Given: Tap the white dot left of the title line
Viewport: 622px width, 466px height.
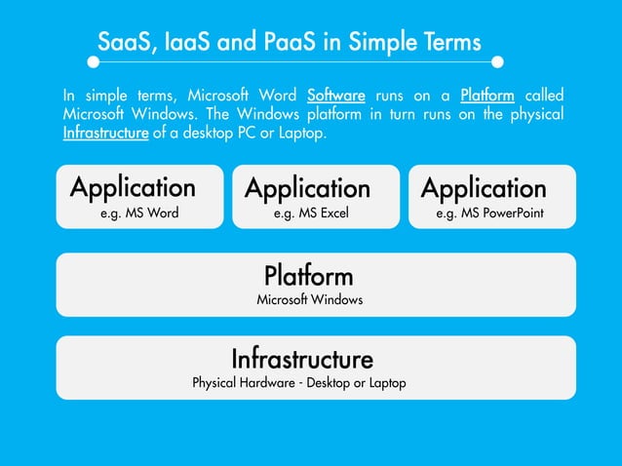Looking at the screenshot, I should pyautogui.click(x=94, y=61).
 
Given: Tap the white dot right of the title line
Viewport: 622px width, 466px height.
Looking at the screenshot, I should pyautogui.click(x=497, y=61).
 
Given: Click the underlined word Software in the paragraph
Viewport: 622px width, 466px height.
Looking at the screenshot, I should pyautogui.click(x=335, y=96).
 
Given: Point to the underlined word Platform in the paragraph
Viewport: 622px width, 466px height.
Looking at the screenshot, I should pyautogui.click(x=486, y=96).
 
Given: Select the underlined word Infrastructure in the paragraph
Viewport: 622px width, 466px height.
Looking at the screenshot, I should pyautogui.click(x=105, y=133).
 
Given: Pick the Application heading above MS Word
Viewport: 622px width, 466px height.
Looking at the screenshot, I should pyautogui.click(x=133, y=186).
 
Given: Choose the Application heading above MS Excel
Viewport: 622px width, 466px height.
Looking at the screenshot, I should pyautogui.click(x=307, y=187).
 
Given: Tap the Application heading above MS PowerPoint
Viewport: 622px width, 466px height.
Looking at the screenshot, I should pyautogui.click(x=484, y=187).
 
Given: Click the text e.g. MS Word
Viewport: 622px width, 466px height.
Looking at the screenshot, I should pyautogui.click(x=139, y=213).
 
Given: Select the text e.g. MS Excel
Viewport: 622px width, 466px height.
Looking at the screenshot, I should pyautogui.click(x=311, y=213).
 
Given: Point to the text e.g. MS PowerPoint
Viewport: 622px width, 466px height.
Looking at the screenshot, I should pyautogui.click(x=489, y=213).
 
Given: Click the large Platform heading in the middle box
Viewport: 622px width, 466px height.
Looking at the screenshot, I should pyautogui.click(x=308, y=274).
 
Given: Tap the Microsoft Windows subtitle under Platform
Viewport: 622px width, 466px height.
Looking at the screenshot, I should pyautogui.click(x=309, y=300).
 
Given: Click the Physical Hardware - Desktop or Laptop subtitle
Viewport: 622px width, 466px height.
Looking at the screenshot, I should pyautogui.click(x=298, y=383).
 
